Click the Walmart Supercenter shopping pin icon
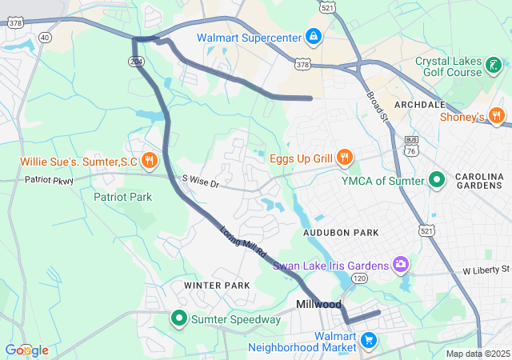(313, 38)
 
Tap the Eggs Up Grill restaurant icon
(345, 158)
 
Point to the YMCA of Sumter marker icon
(437, 180)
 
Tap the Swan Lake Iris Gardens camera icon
(401, 265)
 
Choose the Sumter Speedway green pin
(180, 320)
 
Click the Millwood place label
(318, 305)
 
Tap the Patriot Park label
(122, 196)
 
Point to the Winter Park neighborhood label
(216, 286)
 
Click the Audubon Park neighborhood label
(340, 232)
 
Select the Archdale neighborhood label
(419, 105)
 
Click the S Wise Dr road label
(200, 182)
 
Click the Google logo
(26, 350)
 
